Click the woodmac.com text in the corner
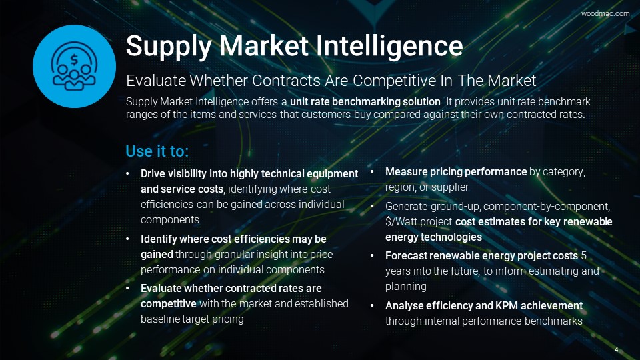605,13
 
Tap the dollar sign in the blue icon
74,60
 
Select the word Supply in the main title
169,47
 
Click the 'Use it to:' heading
157,151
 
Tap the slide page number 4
616,350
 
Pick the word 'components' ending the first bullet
170,219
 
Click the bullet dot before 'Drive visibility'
128,174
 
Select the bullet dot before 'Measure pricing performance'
372,172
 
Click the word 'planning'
406,287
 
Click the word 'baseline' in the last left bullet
159,319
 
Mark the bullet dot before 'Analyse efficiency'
372,306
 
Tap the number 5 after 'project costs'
584,256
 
